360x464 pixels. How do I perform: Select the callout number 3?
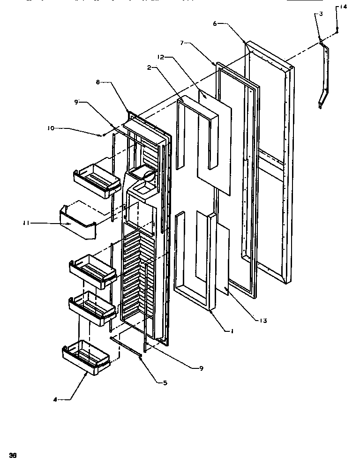pyautogui.click(x=320, y=15)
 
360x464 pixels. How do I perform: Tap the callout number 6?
pyautogui.click(x=215, y=23)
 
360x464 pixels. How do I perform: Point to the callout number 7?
pyautogui.click(x=182, y=43)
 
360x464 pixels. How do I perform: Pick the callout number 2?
pyautogui.click(x=149, y=67)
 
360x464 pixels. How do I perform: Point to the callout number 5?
pyautogui.click(x=165, y=383)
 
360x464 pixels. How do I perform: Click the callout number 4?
pyautogui.click(x=55, y=399)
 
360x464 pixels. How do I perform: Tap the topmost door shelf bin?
pyautogui.click(x=95, y=179)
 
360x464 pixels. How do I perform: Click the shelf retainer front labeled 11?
pyautogui.click(x=77, y=224)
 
